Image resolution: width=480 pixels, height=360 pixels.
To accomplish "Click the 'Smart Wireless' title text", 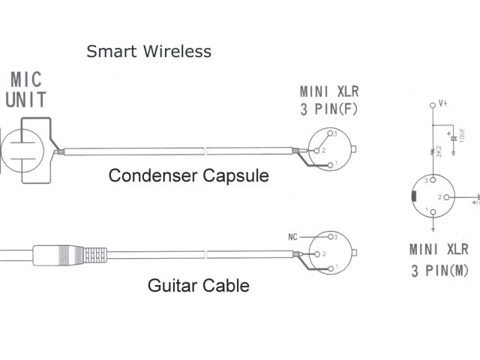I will click(x=148, y=52).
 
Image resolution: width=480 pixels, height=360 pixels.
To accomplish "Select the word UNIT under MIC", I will click(x=26, y=100).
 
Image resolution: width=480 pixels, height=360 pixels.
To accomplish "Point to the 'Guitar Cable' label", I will click(x=199, y=285).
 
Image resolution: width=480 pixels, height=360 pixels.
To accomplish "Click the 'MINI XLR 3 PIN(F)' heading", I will click(x=330, y=101).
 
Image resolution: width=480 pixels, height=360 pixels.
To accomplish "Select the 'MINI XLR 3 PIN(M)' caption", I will click(x=439, y=259).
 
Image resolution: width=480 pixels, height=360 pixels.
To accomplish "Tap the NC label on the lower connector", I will click(x=293, y=237).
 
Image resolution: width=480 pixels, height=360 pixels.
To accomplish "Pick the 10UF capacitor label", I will click(x=460, y=139).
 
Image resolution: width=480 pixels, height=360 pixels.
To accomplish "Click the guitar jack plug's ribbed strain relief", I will click(x=94, y=253).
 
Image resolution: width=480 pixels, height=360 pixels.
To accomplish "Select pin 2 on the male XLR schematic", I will click(x=447, y=196).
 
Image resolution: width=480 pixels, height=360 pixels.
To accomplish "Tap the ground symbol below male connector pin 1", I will click(x=434, y=223).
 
